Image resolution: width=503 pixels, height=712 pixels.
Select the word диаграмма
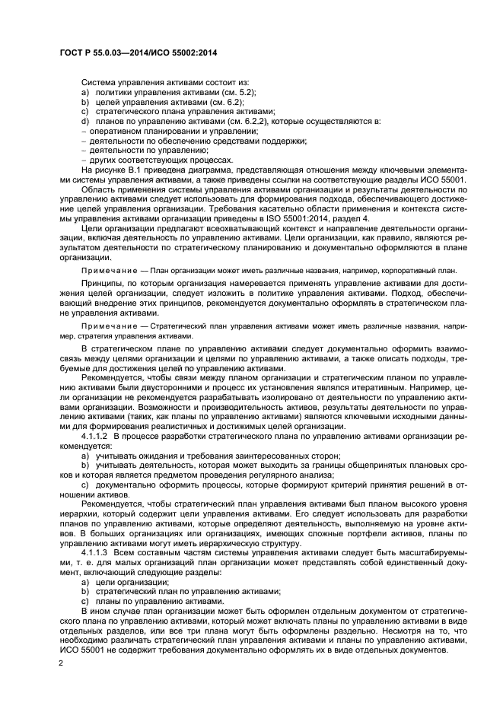click(x=212, y=170)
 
